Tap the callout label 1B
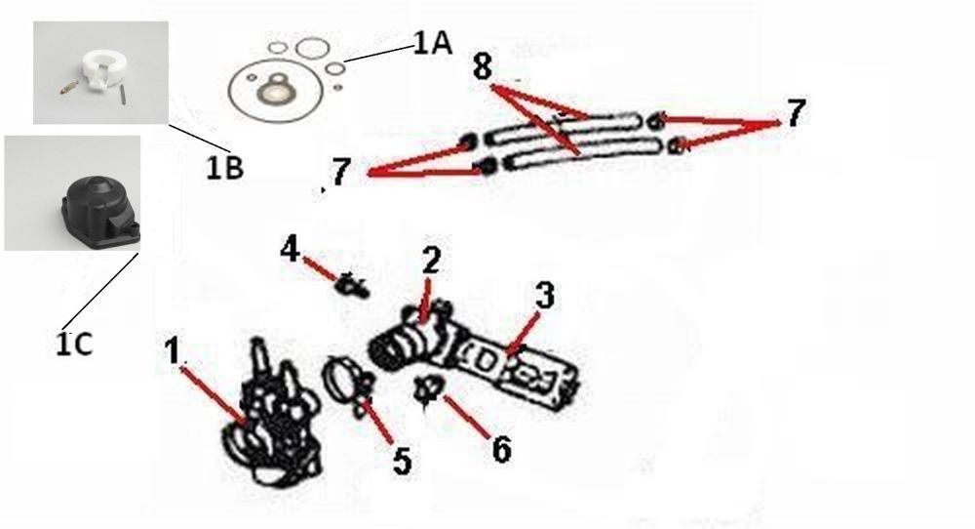[224, 167]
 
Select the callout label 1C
[75, 344]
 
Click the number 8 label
[482, 66]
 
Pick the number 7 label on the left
[341, 172]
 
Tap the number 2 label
[431, 261]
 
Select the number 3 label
[545, 296]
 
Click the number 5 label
[402, 461]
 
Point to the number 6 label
[502, 449]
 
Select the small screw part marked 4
[353, 285]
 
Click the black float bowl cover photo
[100, 207]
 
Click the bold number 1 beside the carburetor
[173, 349]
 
